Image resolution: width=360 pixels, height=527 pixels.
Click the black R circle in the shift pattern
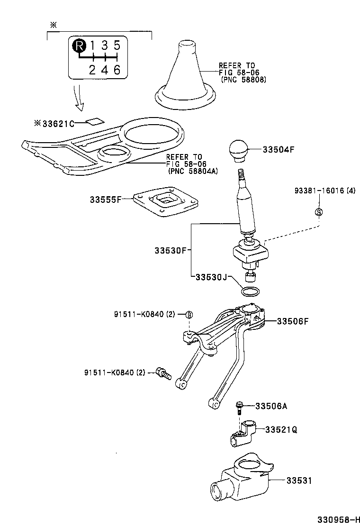coord(80,45)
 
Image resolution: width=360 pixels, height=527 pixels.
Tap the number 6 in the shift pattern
coord(117,70)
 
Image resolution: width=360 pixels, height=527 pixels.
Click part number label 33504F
coord(279,149)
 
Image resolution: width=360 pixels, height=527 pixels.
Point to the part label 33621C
coord(57,124)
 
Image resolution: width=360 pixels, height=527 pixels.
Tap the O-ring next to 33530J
coord(250,290)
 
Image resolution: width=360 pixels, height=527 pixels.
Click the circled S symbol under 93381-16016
coord(319,211)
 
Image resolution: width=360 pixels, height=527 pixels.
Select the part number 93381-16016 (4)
coord(324,191)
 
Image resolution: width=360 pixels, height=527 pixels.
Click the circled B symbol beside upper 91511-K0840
coord(189,315)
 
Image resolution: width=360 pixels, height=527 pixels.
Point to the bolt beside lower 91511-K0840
coord(163,374)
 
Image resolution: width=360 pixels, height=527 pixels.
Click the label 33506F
coord(293,321)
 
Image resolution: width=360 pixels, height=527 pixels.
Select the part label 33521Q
coord(281,430)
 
